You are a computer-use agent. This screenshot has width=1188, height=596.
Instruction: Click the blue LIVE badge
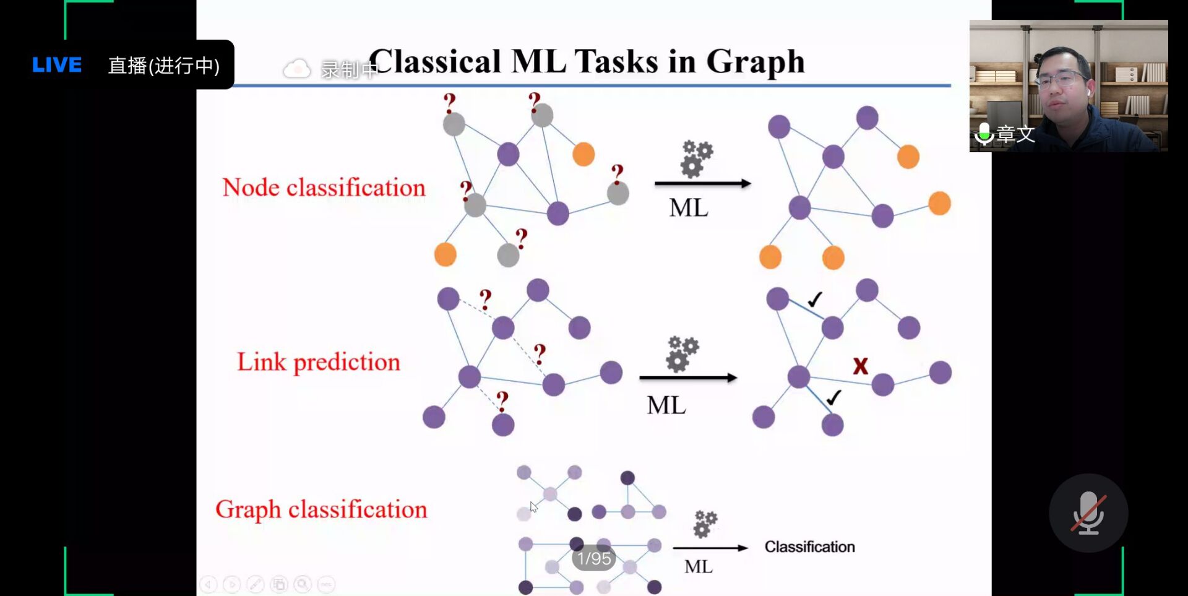point(56,65)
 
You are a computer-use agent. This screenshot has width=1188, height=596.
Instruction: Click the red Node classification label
point(324,188)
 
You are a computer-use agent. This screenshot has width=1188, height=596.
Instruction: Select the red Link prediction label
point(319,362)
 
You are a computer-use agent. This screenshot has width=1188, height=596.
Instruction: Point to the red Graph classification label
point(321,509)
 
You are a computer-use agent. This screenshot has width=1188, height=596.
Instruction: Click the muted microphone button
point(1088,513)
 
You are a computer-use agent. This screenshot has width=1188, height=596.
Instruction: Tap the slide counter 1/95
point(593,559)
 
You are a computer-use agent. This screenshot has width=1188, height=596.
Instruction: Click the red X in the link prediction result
point(860,366)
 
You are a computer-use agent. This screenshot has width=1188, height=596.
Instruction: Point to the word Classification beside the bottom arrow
point(809,546)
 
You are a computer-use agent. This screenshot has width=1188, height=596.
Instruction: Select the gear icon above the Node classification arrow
point(695,159)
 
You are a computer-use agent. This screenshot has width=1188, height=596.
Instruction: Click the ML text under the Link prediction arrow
point(666,405)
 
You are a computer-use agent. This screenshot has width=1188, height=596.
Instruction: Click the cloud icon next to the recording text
point(297,69)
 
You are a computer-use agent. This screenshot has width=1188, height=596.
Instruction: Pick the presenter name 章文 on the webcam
point(1015,134)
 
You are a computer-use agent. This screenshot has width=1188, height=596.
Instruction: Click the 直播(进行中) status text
point(164,66)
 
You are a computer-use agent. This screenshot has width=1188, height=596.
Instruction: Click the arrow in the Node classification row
point(702,183)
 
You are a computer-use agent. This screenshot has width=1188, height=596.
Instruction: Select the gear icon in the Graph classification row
point(704,524)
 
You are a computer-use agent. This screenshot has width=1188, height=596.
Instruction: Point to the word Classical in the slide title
point(435,62)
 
